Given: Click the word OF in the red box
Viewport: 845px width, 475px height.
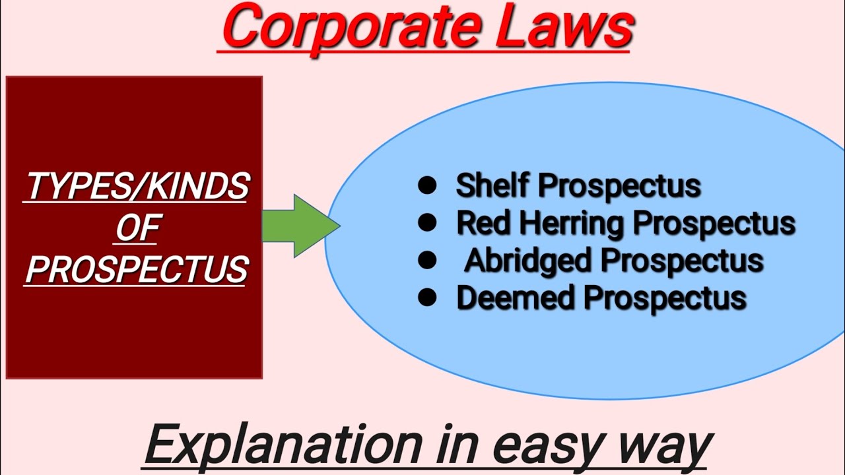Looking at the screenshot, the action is tap(137, 229).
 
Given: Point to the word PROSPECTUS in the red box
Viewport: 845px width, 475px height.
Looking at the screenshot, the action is tap(137, 270).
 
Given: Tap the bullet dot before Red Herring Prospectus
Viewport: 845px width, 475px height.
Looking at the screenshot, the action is tap(427, 224).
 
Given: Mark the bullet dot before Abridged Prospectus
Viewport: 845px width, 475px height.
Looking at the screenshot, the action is tap(427, 261).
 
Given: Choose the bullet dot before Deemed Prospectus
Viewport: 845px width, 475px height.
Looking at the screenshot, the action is tap(427, 298).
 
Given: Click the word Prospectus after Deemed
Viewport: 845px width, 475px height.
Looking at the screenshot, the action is tap(666, 298).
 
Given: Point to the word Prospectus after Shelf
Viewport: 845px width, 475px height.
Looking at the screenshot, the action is tap(619, 186).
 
